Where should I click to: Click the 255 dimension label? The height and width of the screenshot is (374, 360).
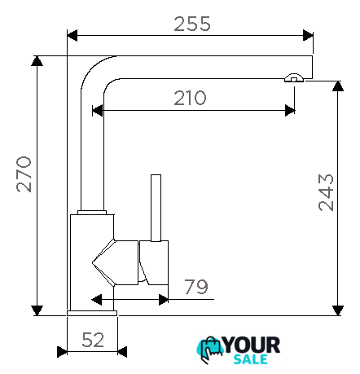tap(192, 24)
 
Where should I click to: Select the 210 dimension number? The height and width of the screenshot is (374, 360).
tap(190, 98)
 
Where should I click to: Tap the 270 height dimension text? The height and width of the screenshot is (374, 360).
tap(24, 174)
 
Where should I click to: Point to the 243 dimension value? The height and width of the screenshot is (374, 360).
tap(326, 192)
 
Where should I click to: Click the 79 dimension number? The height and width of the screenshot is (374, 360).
tap(196, 287)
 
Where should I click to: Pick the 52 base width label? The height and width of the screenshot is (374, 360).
tap(93, 340)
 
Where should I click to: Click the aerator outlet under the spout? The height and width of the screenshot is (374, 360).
tap(294, 77)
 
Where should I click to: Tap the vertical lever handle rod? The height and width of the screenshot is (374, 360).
tap(156, 208)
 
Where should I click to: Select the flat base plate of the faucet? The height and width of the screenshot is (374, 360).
tap(92, 313)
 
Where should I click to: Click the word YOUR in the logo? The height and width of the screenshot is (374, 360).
tap(252, 345)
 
